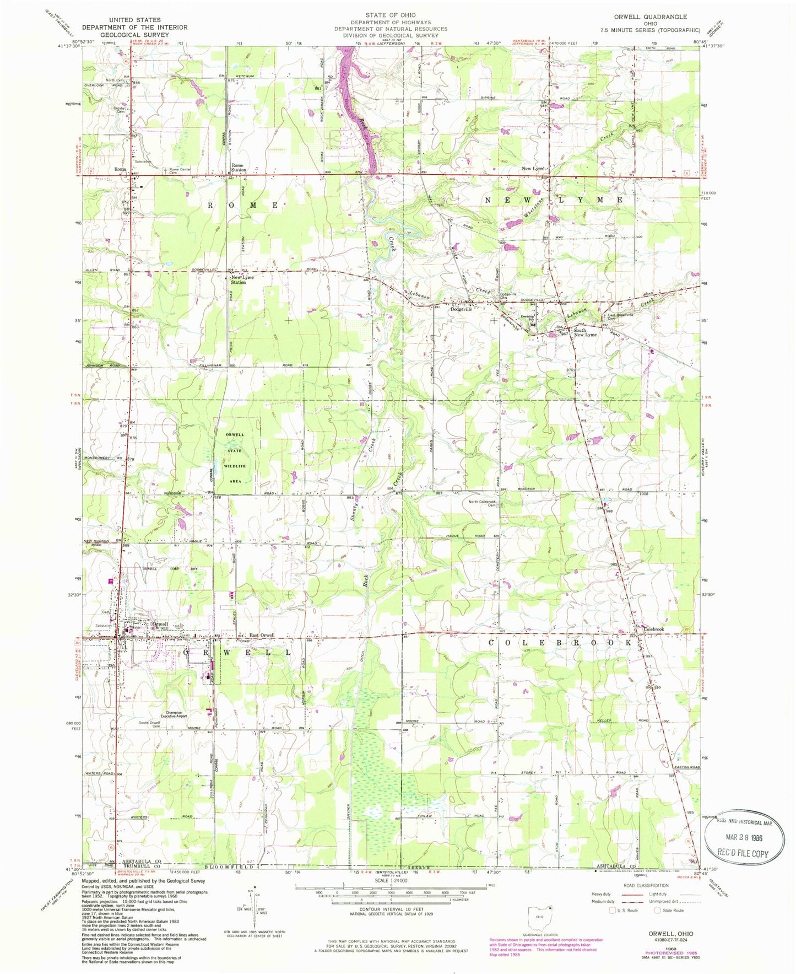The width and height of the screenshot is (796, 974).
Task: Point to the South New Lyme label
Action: (x=585, y=332)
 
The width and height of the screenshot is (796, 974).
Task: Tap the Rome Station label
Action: (x=239, y=168)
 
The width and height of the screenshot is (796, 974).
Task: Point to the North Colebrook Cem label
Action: (x=483, y=504)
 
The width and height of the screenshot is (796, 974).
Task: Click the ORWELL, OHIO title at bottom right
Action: (x=670, y=933)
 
